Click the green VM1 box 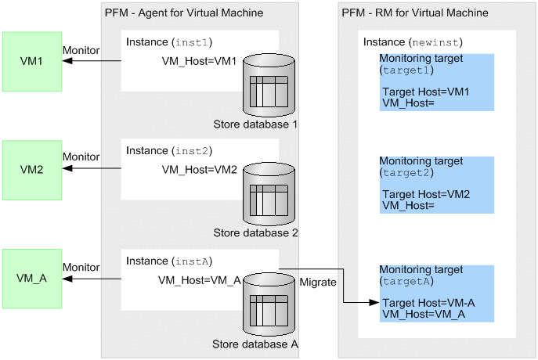(x=32, y=60)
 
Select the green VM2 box (x=32, y=169)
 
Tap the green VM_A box (x=32, y=278)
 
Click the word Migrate (x=318, y=281)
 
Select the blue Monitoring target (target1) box (x=437, y=82)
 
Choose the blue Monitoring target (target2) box (x=437, y=185)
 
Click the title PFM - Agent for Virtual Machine (x=183, y=13)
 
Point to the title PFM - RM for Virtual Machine (x=415, y=13)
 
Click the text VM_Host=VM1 (x=199, y=62)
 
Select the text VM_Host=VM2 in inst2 (x=199, y=170)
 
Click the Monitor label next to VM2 (x=81, y=157)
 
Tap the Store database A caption (x=255, y=344)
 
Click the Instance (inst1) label (x=169, y=41)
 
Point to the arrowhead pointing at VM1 (x=67, y=61)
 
